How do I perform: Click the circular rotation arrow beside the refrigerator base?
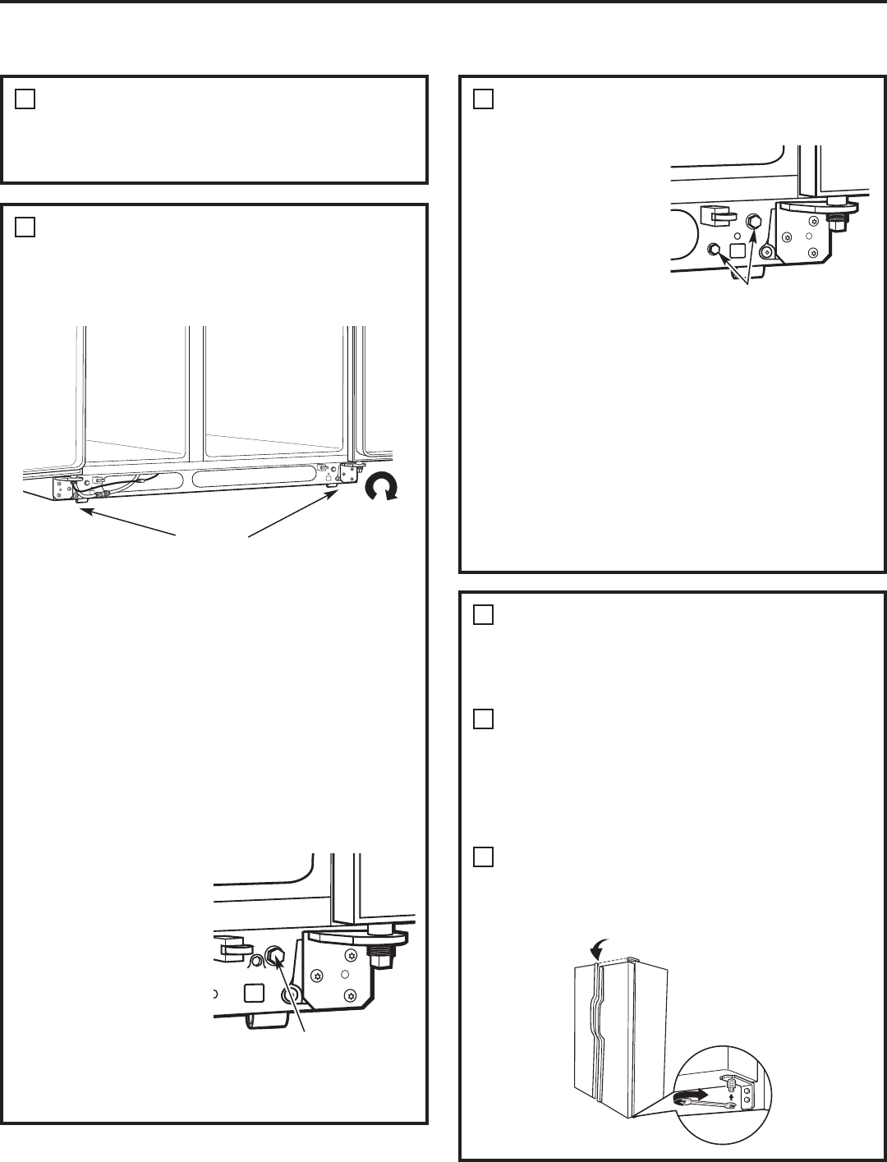click(382, 489)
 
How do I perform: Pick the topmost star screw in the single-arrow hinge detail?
click(351, 955)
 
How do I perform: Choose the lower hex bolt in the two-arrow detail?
click(715, 249)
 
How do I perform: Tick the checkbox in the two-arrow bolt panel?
click(484, 99)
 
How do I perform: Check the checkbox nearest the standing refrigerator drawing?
click(484, 857)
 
